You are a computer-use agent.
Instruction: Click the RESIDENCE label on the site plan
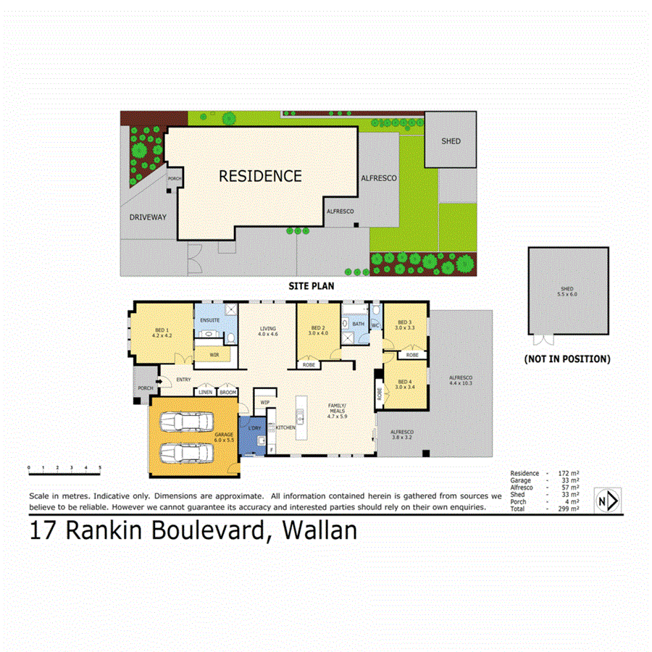[x=260, y=175]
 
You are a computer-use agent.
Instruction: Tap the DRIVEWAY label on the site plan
[x=148, y=217]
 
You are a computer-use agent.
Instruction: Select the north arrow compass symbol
[x=606, y=500]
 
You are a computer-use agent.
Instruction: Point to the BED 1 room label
[x=160, y=333]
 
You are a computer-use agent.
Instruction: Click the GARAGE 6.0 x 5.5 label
[x=223, y=438]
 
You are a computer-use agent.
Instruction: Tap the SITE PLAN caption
[x=311, y=286]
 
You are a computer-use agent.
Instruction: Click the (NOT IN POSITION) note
[x=567, y=359]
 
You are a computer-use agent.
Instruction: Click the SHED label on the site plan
[x=451, y=141]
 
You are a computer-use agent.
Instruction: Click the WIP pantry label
[x=264, y=401]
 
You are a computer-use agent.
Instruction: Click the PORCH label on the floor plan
[x=143, y=388]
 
